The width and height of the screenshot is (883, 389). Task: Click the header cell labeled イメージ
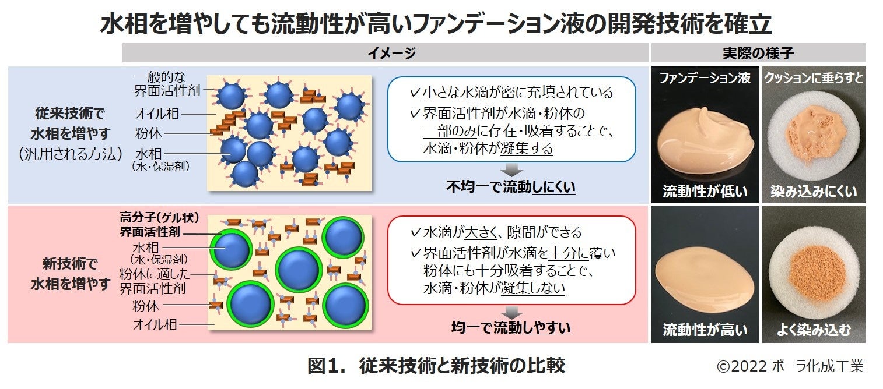pyautogui.click(x=386, y=53)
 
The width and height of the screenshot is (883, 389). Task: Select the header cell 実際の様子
pyautogui.click(x=758, y=53)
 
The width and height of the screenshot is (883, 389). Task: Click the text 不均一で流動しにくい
pyautogui.click(x=511, y=188)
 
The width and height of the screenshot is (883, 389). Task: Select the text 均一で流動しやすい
pyautogui.click(x=511, y=328)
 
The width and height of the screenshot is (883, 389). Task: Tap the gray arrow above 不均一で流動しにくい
pyautogui.click(x=511, y=169)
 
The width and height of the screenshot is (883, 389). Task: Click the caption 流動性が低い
pyautogui.click(x=705, y=191)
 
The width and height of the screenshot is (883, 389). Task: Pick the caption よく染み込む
pyautogui.click(x=813, y=330)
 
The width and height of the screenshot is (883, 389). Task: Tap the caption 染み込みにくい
pyautogui.click(x=813, y=191)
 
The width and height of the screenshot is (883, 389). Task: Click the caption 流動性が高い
pyautogui.click(x=705, y=330)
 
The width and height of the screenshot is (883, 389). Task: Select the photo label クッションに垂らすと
pyautogui.click(x=813, y=77)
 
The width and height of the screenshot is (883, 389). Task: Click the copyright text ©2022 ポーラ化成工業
pyautogui.click(x=790, y=367)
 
